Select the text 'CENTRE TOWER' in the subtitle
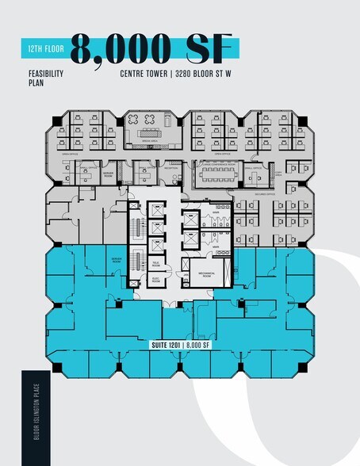click(x=146, y=74)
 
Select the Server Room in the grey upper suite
click(x=108, y=172)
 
